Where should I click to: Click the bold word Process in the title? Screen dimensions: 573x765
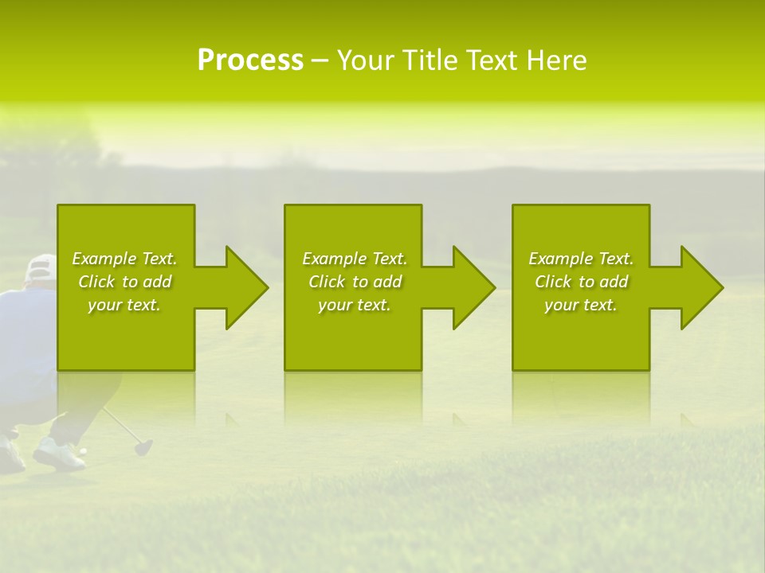click(x=250, y=60)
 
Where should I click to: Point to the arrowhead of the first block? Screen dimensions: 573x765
click(x=244, y=287)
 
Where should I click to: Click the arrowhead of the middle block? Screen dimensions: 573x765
click(x=471, y=287)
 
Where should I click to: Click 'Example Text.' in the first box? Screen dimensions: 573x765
click(x=124, y=259)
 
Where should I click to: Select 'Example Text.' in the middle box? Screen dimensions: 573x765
click(x=355, y=259)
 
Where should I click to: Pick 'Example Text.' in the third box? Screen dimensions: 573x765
click(x=581, y=259)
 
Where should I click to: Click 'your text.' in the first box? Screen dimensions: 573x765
click(x=124, y=305)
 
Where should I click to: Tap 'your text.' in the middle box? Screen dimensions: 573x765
click(x=355, y=305)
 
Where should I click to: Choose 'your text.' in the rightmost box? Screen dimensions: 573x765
click(x=581, y=305)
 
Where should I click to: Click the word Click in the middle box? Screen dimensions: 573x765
click(x=326, y=282)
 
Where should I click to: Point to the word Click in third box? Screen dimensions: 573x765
click(x=552, y=282)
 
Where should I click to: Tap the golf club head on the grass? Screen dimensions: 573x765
click(x=143, y=447)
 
